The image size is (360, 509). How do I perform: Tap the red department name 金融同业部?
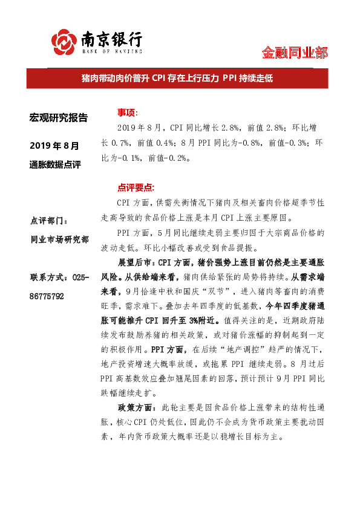[295, 53]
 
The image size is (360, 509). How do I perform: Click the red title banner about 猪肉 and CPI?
[180, 79]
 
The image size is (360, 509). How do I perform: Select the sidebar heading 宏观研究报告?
[59, 117]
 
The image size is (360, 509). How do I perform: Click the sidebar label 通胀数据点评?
[55, 164]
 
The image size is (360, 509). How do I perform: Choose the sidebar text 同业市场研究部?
[59, 241]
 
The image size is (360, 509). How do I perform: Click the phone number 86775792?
[51, 297]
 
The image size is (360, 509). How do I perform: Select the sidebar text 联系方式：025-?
[59, 277]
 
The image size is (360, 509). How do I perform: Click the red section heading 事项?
[128, 113]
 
